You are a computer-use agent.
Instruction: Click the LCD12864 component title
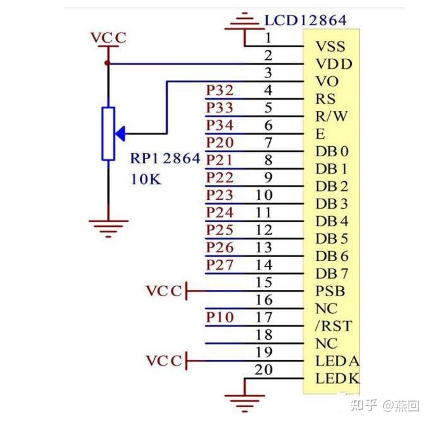point(305,20)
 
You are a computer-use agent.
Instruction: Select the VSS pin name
point(330,47)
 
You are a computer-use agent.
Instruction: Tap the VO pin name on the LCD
point(327,81)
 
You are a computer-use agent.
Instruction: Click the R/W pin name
point(331,117)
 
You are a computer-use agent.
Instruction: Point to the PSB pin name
point(330,291)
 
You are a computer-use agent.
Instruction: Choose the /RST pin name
point(332,327)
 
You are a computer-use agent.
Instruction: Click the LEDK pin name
point(337,378)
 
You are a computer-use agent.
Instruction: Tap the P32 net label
point(219,91)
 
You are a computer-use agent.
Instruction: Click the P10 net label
point(219,316)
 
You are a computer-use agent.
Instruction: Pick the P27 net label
point(219,265)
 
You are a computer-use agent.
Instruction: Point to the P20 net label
point(219,143)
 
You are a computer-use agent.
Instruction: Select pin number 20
point(264,369)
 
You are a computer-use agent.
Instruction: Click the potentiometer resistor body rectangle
point(108,133)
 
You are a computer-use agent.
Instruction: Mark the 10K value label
point(146,179)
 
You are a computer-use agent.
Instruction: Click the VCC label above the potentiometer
point(108,38)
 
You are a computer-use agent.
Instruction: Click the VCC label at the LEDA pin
point(164,361)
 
